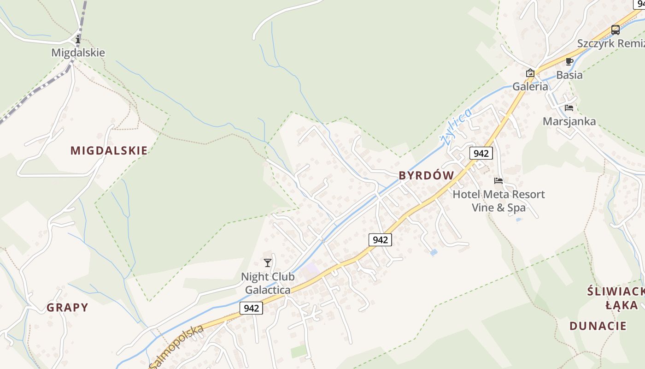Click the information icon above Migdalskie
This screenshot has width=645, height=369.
(x=77, y=39)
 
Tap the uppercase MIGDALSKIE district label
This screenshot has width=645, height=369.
(x=109, y=150)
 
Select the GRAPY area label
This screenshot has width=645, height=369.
(x=67, y=308)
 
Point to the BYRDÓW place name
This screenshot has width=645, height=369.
(x=426, y=175)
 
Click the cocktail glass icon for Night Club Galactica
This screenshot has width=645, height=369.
(x=268, y=263)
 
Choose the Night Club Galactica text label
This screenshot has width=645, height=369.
(x=268, y=283)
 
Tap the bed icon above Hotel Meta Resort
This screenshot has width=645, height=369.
(x=498, y=181)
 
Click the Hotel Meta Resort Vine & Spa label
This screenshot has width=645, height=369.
(x=498, y=201)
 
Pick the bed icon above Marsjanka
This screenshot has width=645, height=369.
(x=569, y=108)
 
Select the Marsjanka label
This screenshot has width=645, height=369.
(x=569, y=121)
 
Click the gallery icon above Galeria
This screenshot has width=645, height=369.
(x=530, y=73)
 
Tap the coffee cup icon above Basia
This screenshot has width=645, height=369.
(x=569, y=61)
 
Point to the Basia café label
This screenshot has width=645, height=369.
(x=569, y=75)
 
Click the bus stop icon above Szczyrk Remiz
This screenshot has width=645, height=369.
(x=615, y=30)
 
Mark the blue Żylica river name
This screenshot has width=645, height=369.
(x=456, y=127)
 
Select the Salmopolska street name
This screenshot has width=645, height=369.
(x=176, y=347)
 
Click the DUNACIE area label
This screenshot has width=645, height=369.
(x=598, y=326)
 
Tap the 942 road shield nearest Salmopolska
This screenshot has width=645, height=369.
(x=251, y=308)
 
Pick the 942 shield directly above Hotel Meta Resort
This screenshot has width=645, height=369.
(x=481, y=153)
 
